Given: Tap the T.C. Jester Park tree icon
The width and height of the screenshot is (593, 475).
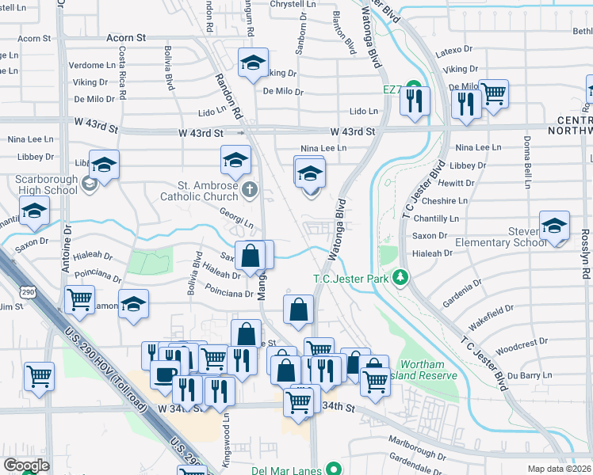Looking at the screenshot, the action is pyautogui.click(x=402, y=277).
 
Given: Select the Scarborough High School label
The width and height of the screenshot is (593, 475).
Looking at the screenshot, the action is pyautogui.click(x=46, y=185).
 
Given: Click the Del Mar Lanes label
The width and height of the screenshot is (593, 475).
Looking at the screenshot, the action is pyautogui.click(x=281, y=469).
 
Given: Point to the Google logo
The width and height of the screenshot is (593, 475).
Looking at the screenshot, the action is pyautogui.click(x=25, y=465).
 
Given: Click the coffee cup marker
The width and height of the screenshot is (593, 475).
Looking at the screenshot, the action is pyautogui.click(x=164, y=374).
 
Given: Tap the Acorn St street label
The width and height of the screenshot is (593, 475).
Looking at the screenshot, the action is pyautogui.click(x=126, y=37).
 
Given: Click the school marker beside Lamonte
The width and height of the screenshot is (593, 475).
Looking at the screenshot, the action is pyautogui.click(x=133, y=303).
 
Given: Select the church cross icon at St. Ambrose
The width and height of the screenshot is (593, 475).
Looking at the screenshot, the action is pyautogui.click(x=250, y=188).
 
